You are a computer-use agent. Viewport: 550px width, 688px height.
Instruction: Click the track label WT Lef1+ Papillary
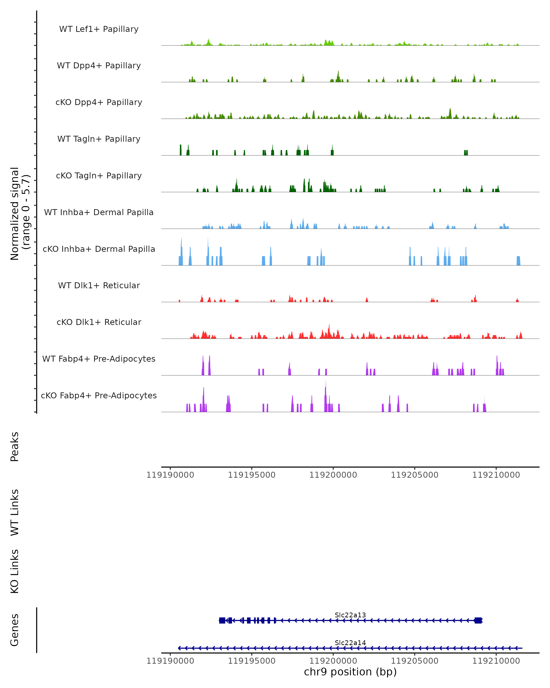(x=99, y=29)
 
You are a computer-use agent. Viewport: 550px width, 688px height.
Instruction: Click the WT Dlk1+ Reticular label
(x=99, y=285)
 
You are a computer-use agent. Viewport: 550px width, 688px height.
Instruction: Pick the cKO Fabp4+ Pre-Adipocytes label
(x=99, y=395)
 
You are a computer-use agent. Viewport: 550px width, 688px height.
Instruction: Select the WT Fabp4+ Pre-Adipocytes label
(x=99, y=359)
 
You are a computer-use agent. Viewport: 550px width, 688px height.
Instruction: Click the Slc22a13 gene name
(x=350, y=615)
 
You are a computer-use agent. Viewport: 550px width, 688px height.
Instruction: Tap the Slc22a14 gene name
(x=350, y=643)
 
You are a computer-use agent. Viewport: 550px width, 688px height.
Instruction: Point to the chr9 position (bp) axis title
(x=350, y=672)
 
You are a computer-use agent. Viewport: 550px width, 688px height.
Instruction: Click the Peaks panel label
(x=15, y=447)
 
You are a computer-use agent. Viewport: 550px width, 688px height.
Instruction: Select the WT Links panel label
(x=15, y=512)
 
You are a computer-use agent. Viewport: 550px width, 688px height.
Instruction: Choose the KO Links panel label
(x=15, y=571)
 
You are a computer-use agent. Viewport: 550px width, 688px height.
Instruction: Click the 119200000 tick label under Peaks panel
(x=333, y=475)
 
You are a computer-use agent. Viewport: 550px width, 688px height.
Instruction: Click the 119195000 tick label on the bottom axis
(x=252, y=661)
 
